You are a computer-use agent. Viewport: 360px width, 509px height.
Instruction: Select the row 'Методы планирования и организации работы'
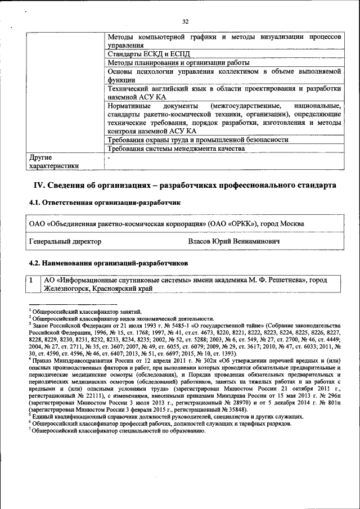[178, 63]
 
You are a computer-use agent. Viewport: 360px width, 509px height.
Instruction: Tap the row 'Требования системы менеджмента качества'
[176, 149]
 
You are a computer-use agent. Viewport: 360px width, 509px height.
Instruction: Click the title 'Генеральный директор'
[65, 241]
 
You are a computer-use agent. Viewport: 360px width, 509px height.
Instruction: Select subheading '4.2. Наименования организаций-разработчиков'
[108, 263]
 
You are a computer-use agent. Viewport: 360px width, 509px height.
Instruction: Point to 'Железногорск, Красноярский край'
[97, 288]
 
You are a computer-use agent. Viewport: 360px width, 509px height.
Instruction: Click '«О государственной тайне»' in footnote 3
[229, 326]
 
